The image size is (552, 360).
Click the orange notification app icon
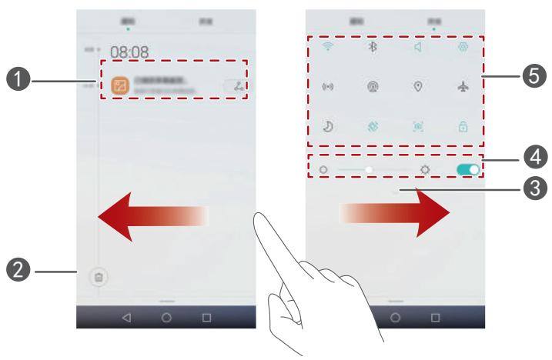click(x=120, y=85)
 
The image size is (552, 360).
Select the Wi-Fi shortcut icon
click(x=326, y=45)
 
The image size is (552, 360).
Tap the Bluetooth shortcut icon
click(x=372, y=45)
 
